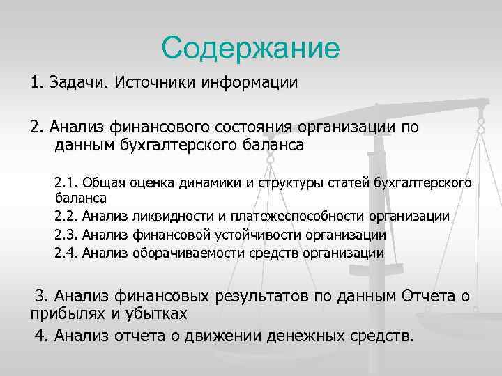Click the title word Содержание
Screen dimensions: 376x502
click(250, 48)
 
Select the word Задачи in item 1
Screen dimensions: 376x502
click(79, 84)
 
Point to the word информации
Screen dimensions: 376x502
click(250, 84)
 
